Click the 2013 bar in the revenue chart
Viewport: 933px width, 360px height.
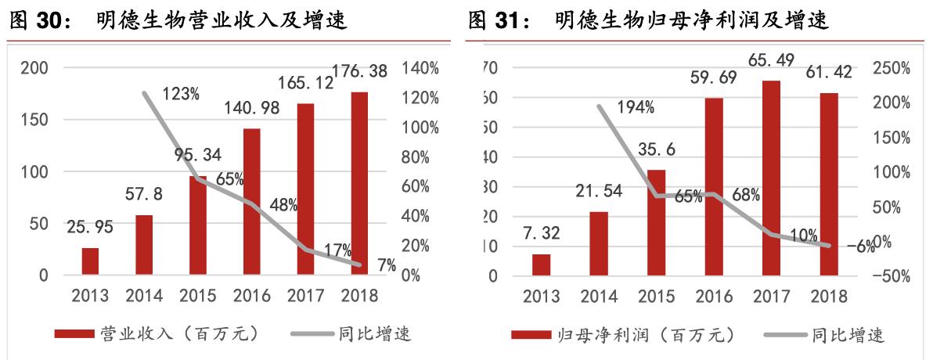coord(91,261)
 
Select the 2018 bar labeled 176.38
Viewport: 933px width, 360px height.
coord(359,184)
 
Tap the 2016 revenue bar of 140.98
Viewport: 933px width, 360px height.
coord(252,202)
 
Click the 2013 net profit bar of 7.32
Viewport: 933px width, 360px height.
coord(542,265)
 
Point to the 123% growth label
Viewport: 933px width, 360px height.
coord(181,95)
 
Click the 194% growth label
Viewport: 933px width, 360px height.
coord(635,108)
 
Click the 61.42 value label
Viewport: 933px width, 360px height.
coord(828,74)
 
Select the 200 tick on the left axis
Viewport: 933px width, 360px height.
coord(34,68)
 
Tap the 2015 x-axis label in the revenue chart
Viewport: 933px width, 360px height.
coord(199,296)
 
